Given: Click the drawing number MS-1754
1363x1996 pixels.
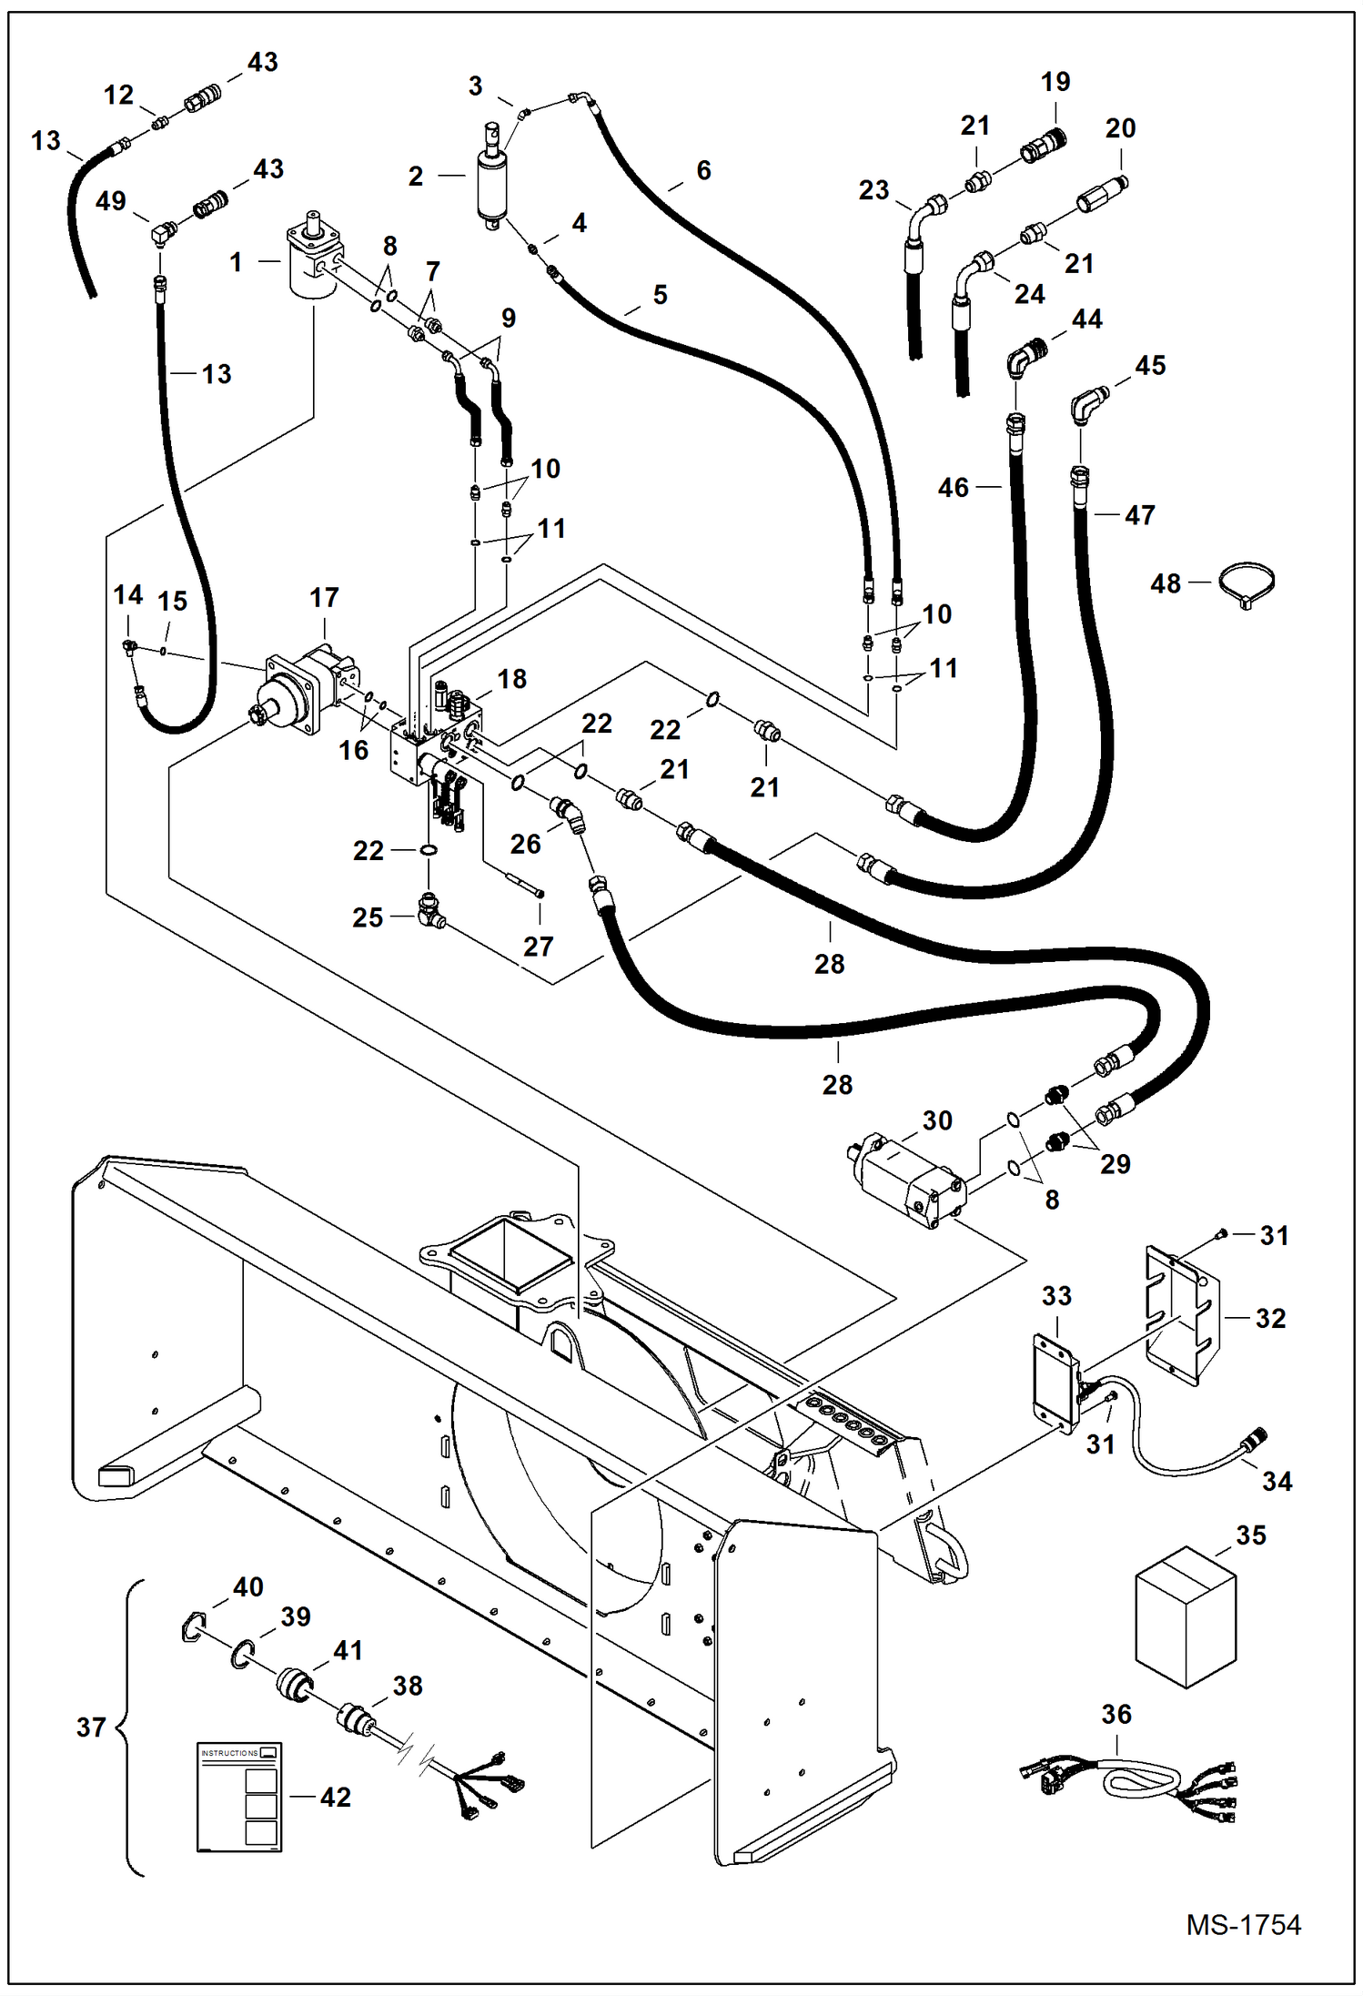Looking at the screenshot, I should [1243, 1925].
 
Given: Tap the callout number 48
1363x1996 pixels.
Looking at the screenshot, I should [1166, 583].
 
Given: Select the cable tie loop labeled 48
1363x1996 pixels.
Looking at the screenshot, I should [1247, 583].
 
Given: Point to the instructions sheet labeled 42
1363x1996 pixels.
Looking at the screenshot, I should [239, 1797].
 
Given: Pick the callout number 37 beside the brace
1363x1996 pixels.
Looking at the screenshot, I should [91, 1727].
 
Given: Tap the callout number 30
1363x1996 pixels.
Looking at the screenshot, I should [937, 1120].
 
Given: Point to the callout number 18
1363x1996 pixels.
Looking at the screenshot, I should [512, 679].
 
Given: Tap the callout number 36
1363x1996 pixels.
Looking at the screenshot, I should [1116, 1715].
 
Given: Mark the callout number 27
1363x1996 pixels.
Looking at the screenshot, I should [538, 947].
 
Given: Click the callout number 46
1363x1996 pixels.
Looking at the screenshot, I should [954, 488].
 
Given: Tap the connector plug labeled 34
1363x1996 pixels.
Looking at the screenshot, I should [1255, 1440].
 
